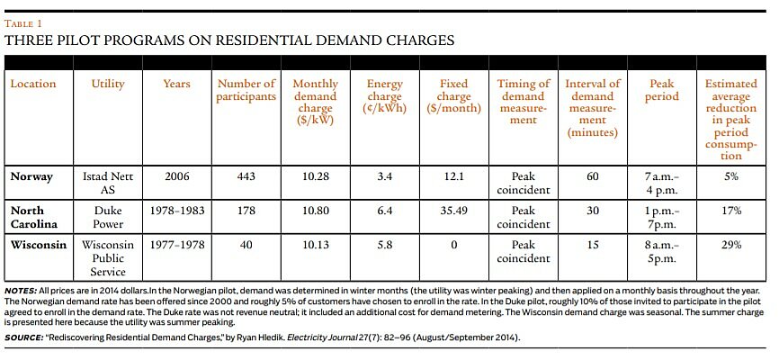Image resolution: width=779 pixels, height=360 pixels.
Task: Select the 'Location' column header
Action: point(33,84)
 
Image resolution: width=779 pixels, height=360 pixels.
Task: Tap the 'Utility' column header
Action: point(108,84)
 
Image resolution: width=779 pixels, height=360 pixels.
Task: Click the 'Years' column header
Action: point(176,84)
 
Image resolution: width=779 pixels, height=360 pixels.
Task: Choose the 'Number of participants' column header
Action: point(246,90)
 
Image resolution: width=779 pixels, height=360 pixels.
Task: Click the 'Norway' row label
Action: point(31,176)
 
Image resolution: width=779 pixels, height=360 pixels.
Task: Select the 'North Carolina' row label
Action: point(36,216)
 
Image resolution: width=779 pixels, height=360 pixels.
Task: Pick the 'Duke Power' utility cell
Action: point(108,216)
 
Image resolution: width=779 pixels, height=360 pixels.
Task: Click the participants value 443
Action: point(246,176)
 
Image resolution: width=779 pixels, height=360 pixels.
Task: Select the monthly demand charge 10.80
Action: point(315,210)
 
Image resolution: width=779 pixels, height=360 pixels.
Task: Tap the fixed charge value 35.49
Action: point(452,210)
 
